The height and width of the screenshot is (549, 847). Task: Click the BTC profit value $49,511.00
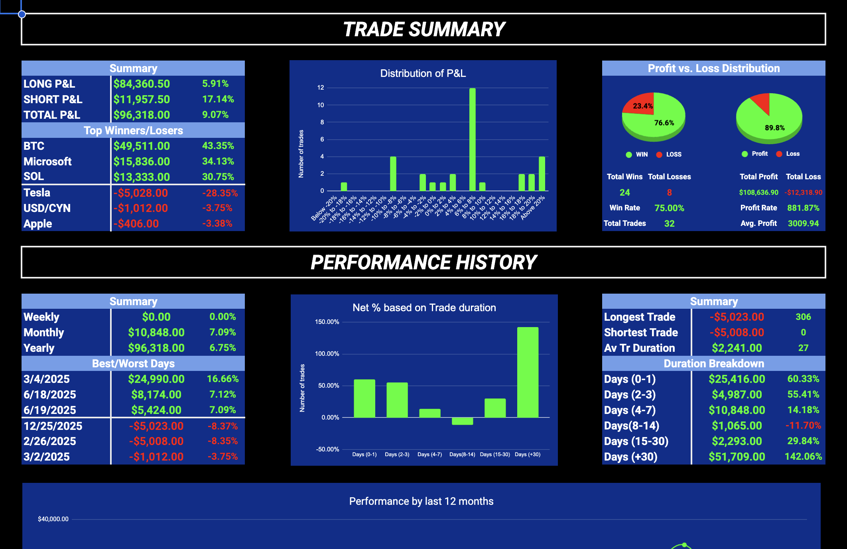point(142,146)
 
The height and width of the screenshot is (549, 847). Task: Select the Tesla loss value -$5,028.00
point(141,193)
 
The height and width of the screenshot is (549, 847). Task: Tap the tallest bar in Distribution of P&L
point(472,139)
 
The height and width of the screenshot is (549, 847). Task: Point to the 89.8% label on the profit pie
point(774,128)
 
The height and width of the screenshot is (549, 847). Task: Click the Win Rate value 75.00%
point(669,208)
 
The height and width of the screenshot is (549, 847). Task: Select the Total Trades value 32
point(669,224)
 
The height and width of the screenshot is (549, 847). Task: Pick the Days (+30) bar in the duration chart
point(528,373)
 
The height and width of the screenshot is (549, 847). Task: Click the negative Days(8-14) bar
point(462,421)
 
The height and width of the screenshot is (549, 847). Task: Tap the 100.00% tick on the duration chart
point(327,354)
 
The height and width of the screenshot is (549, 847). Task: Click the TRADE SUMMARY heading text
point(423,29)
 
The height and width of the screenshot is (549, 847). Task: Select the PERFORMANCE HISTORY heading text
point(423,263)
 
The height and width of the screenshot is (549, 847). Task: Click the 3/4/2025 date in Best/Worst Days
point(47,379)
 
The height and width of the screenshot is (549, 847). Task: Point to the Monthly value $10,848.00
point(156,332)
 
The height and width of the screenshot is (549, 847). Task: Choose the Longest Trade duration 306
point(803,317)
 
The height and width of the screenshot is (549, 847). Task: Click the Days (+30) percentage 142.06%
point(803,457)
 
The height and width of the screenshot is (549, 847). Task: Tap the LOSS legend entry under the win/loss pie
point(674,155)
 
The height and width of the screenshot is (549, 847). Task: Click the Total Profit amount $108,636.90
point(758,192)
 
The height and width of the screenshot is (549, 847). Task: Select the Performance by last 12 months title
point(421,501)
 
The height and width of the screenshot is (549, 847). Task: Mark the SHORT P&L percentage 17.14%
point(218,99)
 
